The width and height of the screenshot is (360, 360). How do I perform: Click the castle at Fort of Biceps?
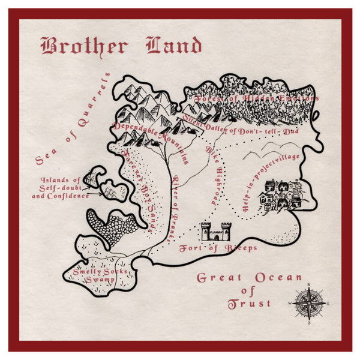click(215, 230)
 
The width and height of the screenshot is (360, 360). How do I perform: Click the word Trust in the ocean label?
click(249, 304)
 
